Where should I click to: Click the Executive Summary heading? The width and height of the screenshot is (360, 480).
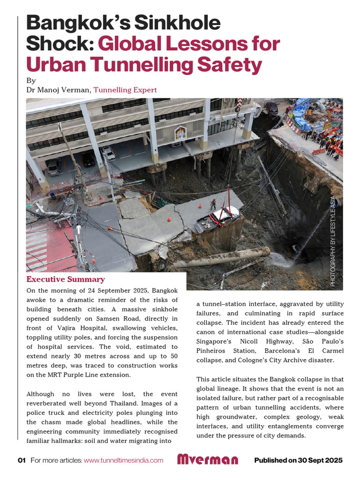(66, 280)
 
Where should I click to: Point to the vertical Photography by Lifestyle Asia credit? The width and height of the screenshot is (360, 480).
(333, 241)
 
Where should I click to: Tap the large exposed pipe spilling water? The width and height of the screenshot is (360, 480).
(220, 258)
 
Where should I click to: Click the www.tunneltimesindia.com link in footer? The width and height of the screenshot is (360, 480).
(124, 460)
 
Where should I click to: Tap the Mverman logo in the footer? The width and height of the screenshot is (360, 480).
(207, 460)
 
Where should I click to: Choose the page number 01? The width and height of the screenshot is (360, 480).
(22, 460)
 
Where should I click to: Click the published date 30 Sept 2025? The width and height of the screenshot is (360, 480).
(321, 460)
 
